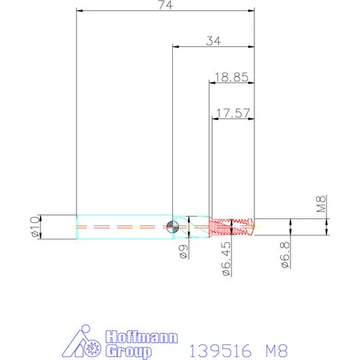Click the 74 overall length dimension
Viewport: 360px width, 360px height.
165,5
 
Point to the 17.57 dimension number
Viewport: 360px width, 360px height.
232,113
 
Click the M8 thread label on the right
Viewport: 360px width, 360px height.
320,205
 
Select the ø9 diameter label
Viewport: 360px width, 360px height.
183,250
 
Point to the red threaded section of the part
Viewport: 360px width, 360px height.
233,227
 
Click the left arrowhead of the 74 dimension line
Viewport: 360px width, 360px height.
79,12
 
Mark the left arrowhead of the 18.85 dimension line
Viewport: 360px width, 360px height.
211,82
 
